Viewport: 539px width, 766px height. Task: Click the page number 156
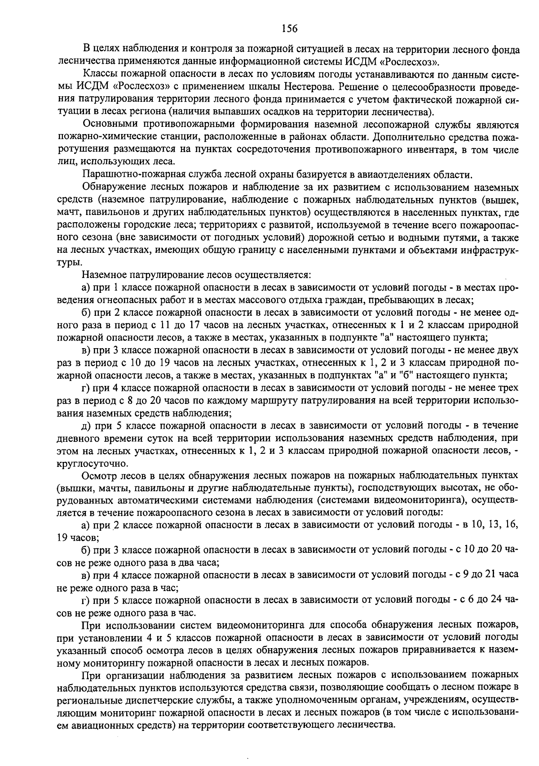pyautogui.click(x=289, y=29)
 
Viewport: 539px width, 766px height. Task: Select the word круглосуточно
pyautogui.click(x=93, y=463)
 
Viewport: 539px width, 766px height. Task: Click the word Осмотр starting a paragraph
pyautogui.click(x=97, y=475)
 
